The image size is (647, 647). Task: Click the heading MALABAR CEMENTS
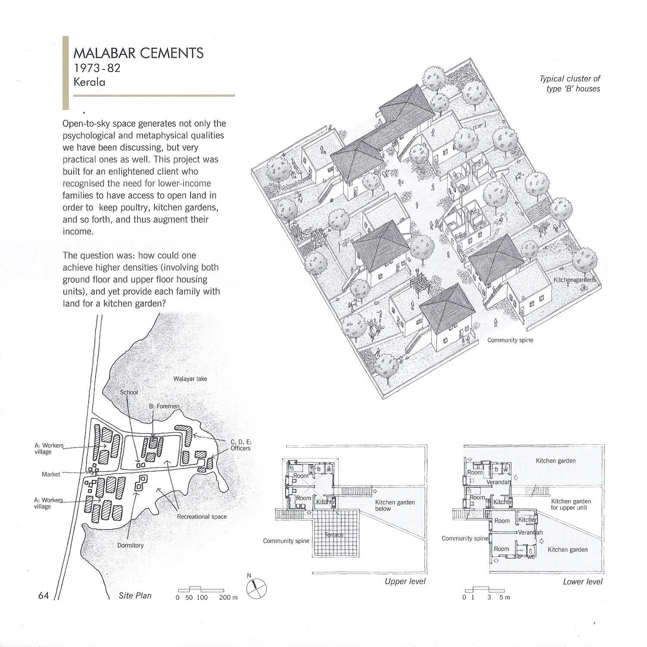tap(138, 53)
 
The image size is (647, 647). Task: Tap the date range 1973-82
tap(97, 68)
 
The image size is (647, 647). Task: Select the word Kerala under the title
tap(89, 82)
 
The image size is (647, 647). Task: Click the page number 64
tap(44, 596)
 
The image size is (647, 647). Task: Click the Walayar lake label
tap(190, 379)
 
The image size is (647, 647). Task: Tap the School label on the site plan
tap(129, 392)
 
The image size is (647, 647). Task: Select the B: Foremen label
tap(164, 406)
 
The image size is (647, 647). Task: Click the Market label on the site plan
tap(51, 474)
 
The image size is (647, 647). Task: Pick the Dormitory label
tap(130, 545)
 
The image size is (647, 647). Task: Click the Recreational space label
tap(202, 516)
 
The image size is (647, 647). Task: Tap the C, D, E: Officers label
tap(241, 445)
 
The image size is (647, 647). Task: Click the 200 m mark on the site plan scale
tap(228, 597)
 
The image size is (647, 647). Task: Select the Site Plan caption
tap(135, 596)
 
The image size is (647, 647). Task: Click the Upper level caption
tap(405, 581)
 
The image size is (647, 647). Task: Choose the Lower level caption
tap(583, 582)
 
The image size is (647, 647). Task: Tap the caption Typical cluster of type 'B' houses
tap(570, 84)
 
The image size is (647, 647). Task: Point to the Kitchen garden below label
tap(395, 506)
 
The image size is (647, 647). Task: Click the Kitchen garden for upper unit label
tap(571, 504)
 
